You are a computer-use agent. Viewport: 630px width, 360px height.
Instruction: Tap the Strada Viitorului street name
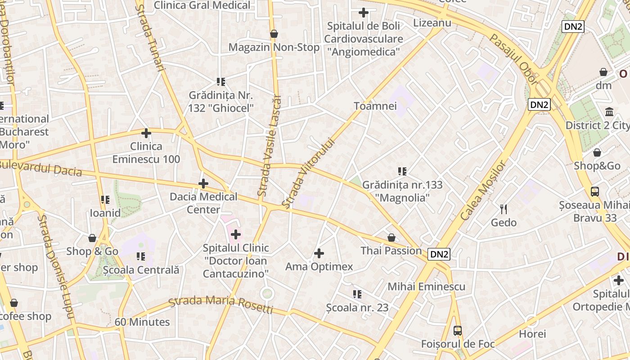(x=309, y=173)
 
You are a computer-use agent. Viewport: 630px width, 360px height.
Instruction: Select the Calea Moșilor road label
(x=484, y=190)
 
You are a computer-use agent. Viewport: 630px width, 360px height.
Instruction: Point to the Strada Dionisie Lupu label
(x=56, y=266)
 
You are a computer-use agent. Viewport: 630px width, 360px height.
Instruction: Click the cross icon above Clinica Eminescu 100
(x=146, y=133)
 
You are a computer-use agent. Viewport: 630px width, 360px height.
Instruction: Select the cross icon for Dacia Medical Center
(x=203, y=184)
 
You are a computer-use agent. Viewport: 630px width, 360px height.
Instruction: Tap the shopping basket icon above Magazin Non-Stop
(x=274, y=34)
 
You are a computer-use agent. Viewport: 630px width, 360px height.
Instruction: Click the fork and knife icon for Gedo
(x=504, y=209)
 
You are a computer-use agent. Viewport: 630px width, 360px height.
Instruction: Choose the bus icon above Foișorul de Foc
(x=458, y=331)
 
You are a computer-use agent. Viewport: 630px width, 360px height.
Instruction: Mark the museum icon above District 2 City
(x=609, y=112)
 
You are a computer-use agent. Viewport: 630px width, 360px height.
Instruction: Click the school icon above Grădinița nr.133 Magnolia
(x=402, y=171)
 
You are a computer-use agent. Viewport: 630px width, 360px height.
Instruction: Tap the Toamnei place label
(x=375, y=106)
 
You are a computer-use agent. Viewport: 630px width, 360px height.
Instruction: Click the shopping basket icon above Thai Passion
(x=391, y=237)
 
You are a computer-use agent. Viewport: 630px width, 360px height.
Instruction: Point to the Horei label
(x=532, y=333)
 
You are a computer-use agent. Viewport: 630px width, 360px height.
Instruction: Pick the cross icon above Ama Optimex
(x=319, y=253)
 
